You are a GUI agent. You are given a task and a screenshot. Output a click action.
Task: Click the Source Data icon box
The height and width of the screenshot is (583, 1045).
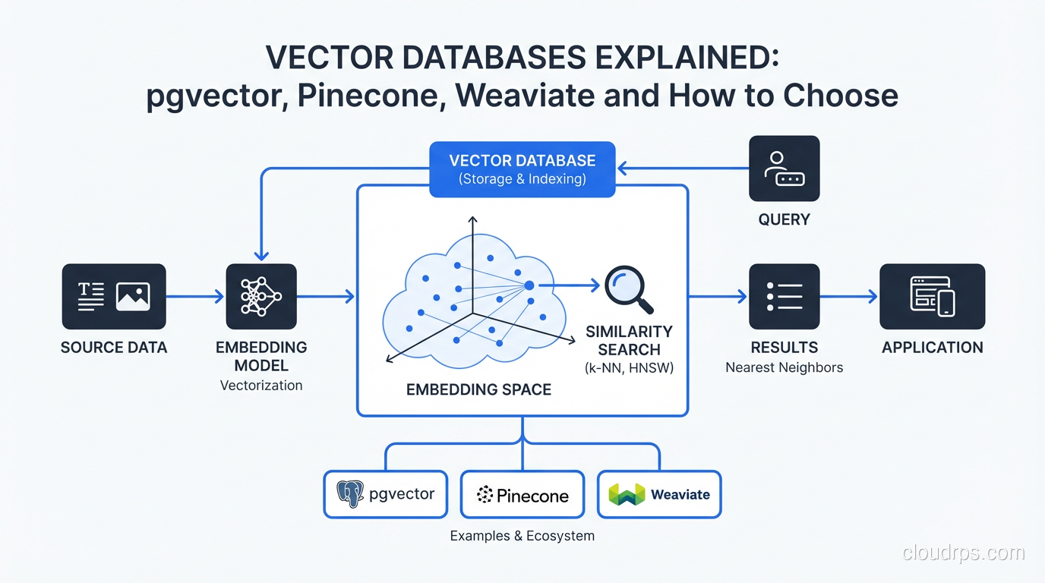(x=114, y=296)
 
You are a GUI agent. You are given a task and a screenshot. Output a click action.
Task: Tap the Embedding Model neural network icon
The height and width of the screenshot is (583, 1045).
(x=261, y=296)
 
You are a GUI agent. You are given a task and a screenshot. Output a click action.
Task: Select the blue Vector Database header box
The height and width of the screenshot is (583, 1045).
(x=522, y=169)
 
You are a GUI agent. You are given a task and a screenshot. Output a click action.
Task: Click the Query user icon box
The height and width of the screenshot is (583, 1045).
(x=784, y=169)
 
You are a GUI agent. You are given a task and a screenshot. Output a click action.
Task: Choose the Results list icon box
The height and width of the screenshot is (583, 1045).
(x=784, y=296)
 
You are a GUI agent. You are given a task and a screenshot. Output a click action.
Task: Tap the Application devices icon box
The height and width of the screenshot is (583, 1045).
(x=932, y=296)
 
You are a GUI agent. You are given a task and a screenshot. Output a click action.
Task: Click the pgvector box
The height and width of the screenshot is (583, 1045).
(x=386, y=494)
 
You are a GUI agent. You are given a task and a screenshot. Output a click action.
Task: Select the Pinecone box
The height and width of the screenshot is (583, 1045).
(x=522, y=494)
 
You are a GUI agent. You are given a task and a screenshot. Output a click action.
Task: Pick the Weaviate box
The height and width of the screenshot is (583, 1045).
(x=659, y=494)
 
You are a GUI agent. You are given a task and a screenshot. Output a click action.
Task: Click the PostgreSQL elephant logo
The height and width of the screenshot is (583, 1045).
(x=350, y=494)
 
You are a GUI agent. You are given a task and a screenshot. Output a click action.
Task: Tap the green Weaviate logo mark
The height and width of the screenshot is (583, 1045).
(x=627, y=494)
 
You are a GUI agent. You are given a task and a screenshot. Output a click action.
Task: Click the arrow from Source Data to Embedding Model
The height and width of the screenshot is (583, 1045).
(x=195, y=296)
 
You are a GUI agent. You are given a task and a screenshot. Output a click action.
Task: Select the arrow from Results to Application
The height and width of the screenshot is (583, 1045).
(x=849, y=296)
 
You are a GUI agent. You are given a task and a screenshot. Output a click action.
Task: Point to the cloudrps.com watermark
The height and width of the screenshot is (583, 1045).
(x=964, y=553)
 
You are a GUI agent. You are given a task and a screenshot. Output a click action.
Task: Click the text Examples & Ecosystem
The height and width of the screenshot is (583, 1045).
(x=522, y=536)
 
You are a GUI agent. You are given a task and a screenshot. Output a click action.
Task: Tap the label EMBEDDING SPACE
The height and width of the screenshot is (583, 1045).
(x=478, y=389)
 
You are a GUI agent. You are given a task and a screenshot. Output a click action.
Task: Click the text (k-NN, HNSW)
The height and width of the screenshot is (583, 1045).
(x=629, y=368)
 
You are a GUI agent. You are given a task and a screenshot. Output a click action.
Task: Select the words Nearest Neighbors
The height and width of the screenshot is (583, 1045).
(x=784, y=367)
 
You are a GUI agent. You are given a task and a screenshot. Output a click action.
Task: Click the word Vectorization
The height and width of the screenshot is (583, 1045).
(x=261, y=385)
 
